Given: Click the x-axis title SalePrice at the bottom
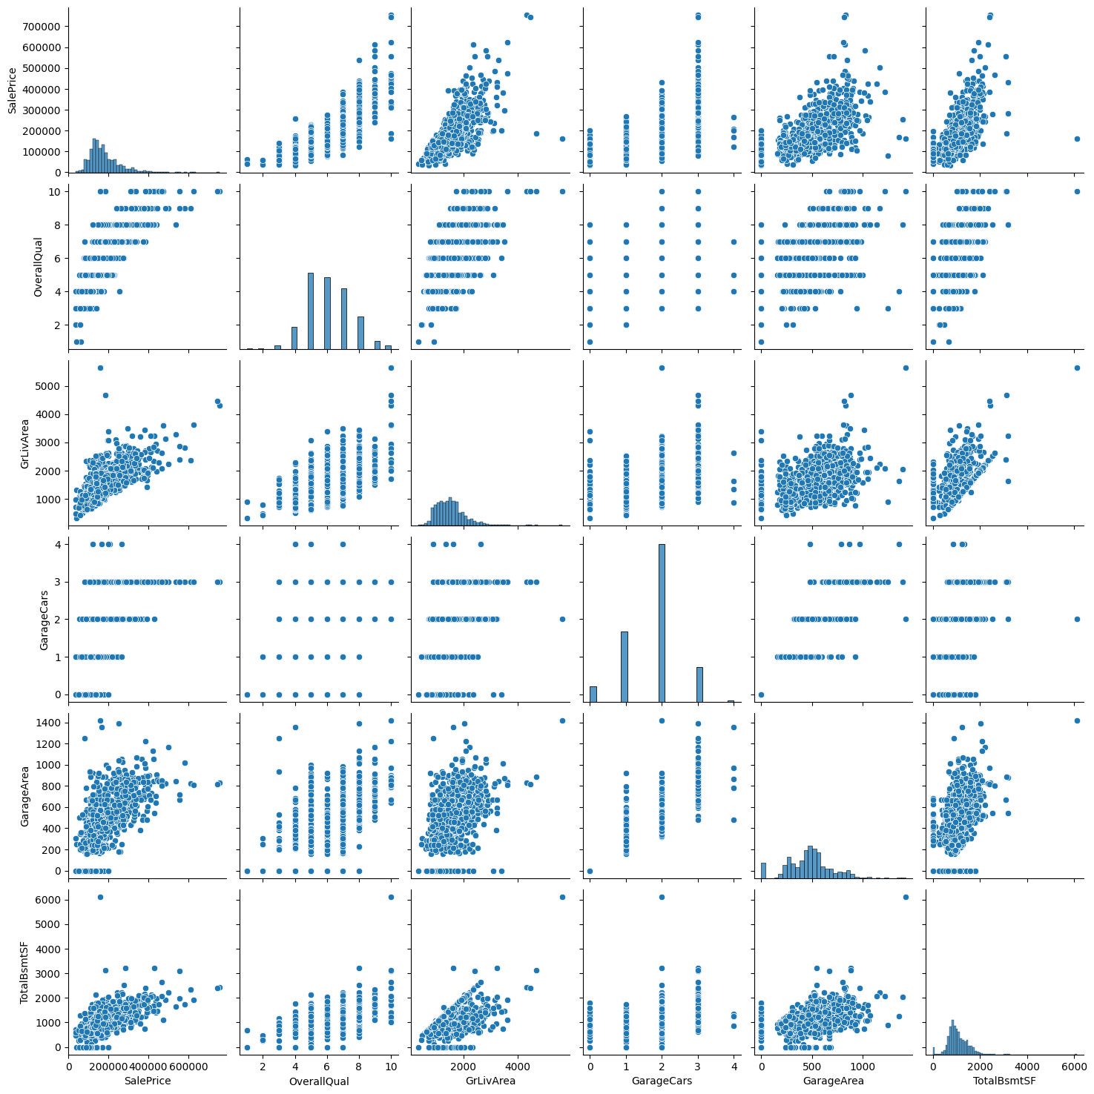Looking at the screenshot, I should coord(148,1081).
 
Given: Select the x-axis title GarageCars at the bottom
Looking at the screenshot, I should coord(662,1081).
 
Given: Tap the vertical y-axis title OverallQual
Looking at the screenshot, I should coord(38,267).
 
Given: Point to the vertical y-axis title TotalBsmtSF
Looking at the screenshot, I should coord(24,972).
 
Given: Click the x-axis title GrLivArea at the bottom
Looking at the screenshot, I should coord(490,1081).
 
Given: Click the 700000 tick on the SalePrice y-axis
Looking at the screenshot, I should coord(45,27).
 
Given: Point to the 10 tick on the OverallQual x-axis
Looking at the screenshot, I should coord(391,1066).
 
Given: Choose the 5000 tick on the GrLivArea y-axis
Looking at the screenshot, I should coord(50,386).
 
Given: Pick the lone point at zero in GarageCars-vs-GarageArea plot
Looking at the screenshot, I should coord(762,694).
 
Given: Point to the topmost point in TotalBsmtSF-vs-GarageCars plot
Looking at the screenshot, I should coord(662,897).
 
